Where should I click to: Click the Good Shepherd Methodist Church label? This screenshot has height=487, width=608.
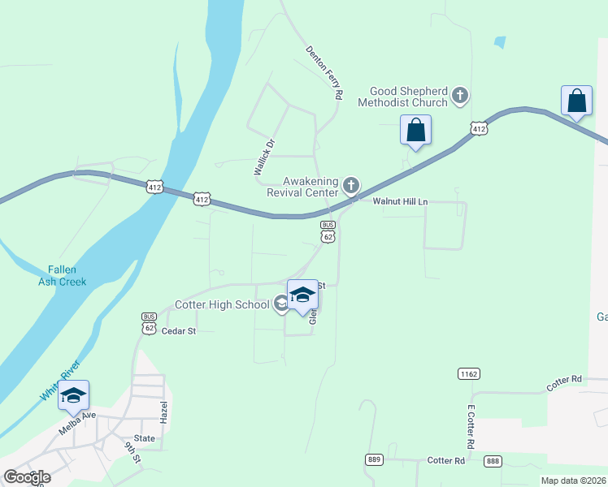(409, 97)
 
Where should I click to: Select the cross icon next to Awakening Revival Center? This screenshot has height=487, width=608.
(351, 187)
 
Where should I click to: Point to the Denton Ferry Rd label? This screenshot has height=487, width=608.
(324, 73)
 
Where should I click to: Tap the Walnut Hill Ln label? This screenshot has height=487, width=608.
(400, 201)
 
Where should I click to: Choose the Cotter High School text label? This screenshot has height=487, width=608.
(222, 304)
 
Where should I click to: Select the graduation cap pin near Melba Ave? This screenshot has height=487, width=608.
(74, 396)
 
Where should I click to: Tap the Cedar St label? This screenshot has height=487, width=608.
(179, 331)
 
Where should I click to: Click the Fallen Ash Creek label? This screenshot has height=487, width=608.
(62, 276)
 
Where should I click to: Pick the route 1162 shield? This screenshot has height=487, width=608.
(468, 374)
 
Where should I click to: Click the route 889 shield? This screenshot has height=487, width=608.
(374, 459)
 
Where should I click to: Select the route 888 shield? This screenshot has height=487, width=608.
(493, 461)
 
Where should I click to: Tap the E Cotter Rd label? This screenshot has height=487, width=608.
(470, 427)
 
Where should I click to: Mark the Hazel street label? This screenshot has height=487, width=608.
(163, 415)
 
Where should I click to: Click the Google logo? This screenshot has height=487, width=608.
(27, 476)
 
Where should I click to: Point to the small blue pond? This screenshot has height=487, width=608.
(499, 41)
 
